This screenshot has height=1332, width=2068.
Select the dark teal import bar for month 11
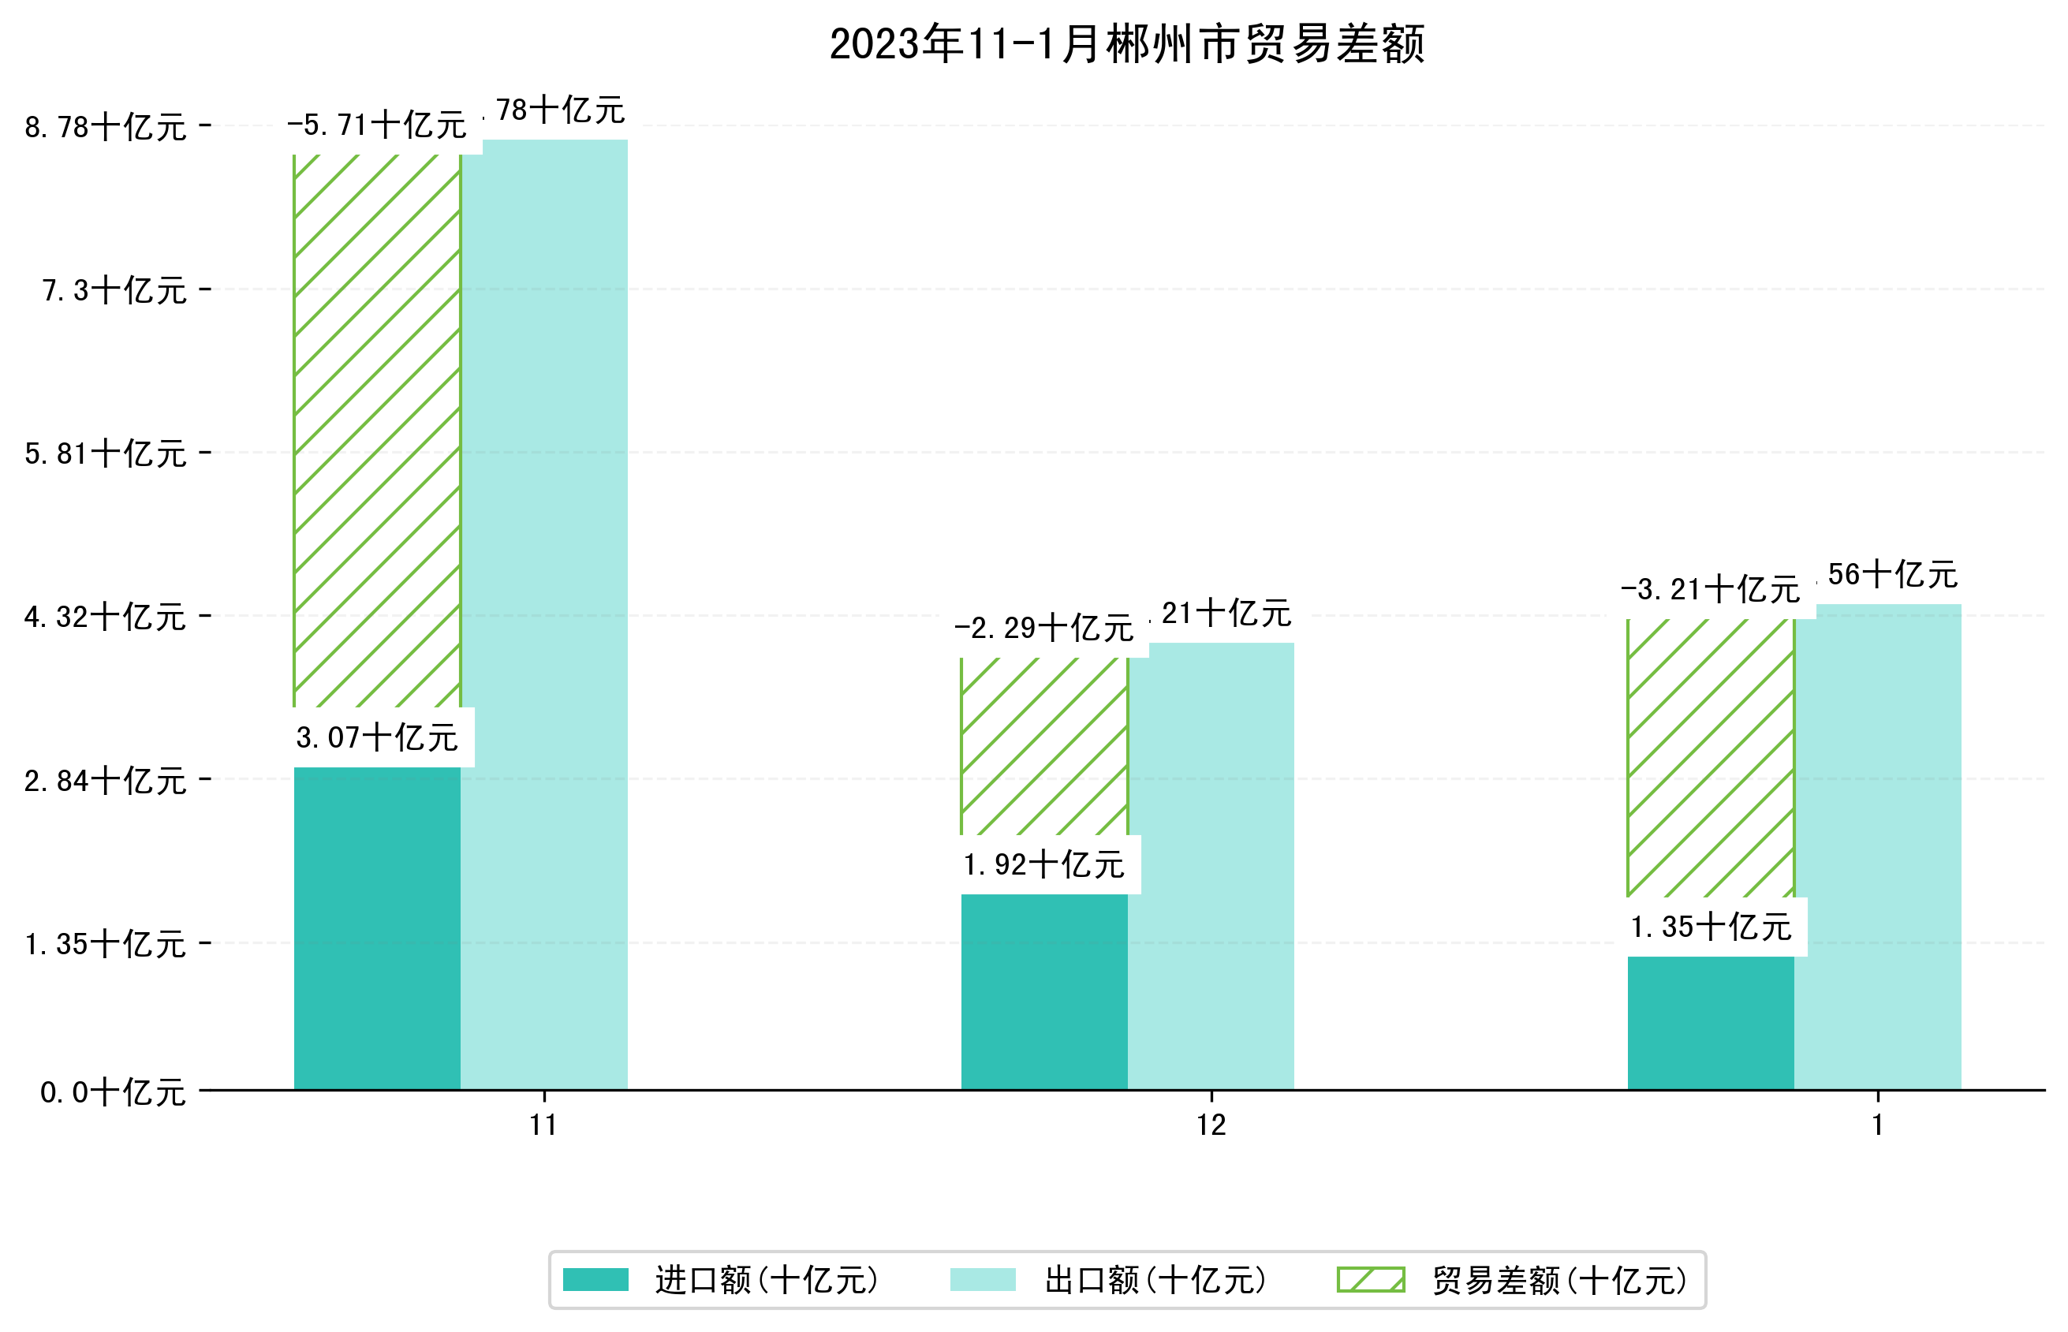coord(377,927)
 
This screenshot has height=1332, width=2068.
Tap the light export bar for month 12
coord(1211,865)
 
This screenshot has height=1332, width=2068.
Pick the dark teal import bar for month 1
coord(1710,1022)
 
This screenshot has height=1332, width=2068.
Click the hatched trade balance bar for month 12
coord(1044,745)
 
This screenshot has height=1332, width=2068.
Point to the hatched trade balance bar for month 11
coord(377,431)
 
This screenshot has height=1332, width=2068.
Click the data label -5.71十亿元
coord(377,125)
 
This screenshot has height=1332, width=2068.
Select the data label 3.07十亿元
coord(377,738)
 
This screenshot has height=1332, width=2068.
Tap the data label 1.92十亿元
coord(1044,864)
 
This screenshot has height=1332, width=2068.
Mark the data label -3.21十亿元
coord(1710,590)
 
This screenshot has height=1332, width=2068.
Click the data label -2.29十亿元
coord(1044,628)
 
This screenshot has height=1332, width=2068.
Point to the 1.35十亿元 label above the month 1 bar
coord(1710,927)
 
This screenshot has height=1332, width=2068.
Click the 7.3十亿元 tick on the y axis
coord(114,291)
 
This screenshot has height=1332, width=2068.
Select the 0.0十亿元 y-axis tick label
coord(113,1092)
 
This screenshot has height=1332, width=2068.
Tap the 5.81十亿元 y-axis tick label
coord(106,454)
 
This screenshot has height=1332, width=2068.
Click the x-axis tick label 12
coord(1211,1125)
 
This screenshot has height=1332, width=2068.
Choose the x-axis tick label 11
coord(543,1125)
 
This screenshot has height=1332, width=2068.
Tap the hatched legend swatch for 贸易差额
coord(1371,1280)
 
